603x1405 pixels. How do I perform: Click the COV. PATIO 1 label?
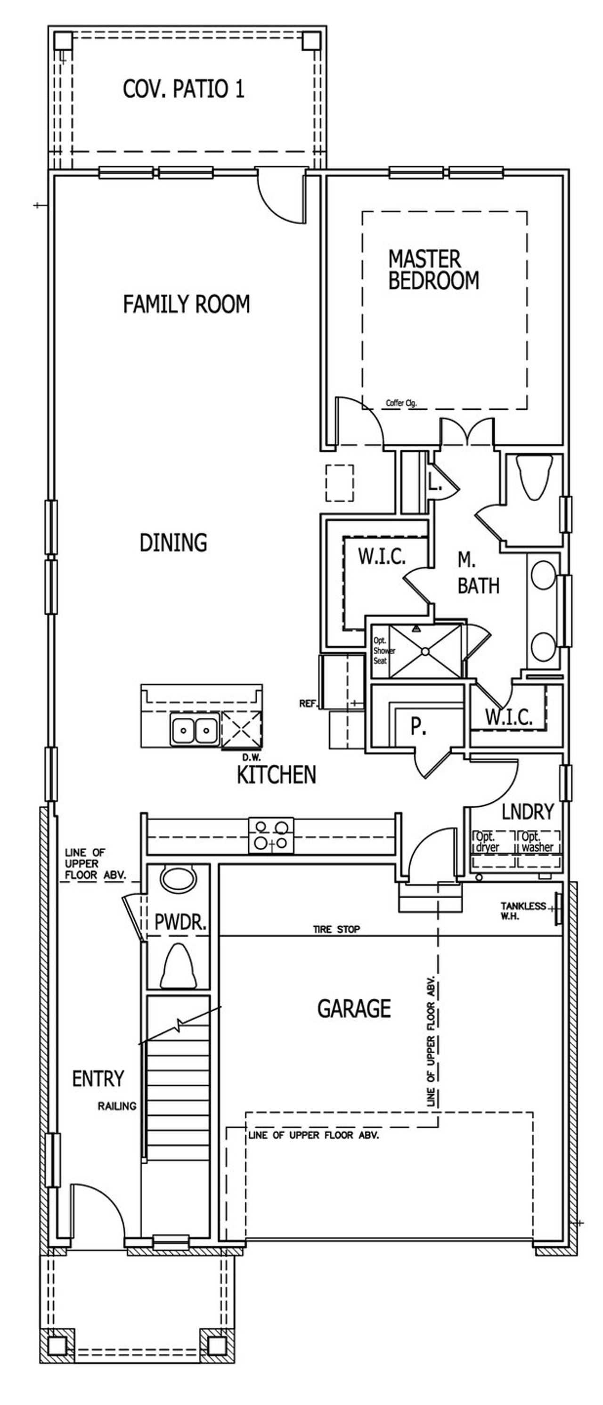(183, 89)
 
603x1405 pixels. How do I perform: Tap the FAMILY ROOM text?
(186, 304)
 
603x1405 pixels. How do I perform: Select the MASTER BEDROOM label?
(433, 269)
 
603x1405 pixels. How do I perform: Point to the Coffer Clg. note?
(401, 403)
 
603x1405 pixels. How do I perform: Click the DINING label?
(173, 542)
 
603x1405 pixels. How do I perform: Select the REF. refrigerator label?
(308, 704)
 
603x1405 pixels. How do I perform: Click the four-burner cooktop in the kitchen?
(271, 835)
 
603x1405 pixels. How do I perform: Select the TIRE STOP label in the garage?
(336, 929)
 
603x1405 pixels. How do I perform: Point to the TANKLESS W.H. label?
(522, 910)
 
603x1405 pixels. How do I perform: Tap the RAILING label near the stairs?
(117, 1105)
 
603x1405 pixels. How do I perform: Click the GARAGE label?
(354, 1008)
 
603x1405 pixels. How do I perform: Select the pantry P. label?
(418, 726)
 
